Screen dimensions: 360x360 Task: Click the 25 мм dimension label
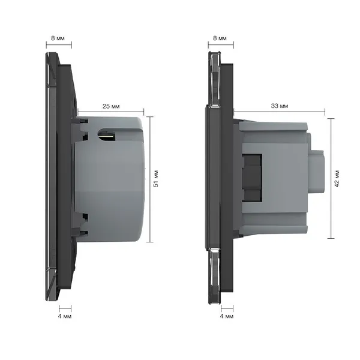tap(111, 106)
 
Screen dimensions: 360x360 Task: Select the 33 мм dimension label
tap(280, 106)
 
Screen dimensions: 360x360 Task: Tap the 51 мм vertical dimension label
tap(156, 179)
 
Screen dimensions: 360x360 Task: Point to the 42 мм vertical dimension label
tap(337, 179)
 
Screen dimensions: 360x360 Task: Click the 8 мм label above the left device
tap(58, 38)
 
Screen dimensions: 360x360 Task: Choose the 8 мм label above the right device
tap(220, 38)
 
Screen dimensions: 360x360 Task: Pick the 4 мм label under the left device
tap(65, 316)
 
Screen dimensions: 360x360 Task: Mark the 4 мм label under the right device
tap(227, 316)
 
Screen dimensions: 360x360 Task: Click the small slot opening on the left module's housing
tap(107, 134)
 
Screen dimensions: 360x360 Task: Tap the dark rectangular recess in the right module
tap(252, 178)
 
